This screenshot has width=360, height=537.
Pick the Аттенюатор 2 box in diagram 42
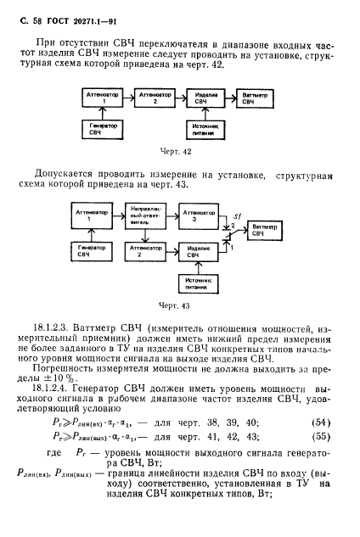154,98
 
